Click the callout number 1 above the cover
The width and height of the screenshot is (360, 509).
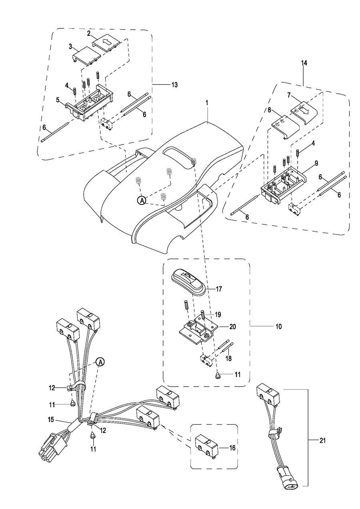coord(207,103)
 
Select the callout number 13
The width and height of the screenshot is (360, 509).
coord(174,85)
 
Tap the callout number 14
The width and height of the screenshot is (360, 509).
coord(304,63)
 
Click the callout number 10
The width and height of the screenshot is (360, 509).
coord(278,326)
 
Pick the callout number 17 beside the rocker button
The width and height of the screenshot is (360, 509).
coord(219,289)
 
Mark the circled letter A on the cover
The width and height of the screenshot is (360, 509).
coord(142,200)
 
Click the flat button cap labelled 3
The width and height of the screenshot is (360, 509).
coord(86,56)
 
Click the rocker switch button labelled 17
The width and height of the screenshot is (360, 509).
coord(188,280)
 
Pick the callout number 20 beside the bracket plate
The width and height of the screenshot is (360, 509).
coord(232,327)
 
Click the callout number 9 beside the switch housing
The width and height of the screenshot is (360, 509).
coord(316,163)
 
